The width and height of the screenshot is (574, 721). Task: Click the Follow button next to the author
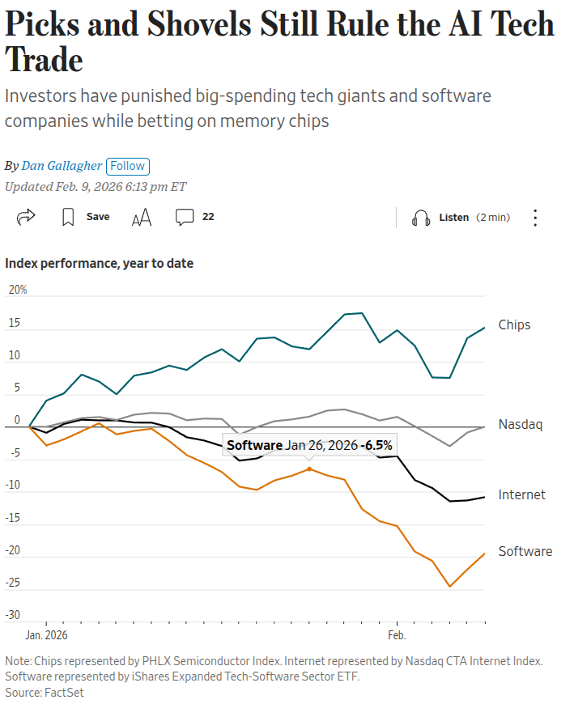point(127,166)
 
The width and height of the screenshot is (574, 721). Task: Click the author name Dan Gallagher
point(62,166)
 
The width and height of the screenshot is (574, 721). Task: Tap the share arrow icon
point(26,217)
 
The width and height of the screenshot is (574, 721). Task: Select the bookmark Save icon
point(69,217)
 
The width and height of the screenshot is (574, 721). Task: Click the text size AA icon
point(142,217)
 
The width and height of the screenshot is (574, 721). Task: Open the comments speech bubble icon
point(185,217)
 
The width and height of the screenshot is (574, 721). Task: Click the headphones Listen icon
point(420,218)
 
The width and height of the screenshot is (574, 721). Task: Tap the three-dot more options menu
point(535,218)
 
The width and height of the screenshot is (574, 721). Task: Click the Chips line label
point(514,324)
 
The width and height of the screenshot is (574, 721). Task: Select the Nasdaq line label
point(519,424)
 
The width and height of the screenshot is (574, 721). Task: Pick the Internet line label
point(521,494)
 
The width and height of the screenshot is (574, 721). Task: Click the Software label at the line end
point(525,551)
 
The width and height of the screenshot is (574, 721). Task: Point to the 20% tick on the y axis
point(17,290)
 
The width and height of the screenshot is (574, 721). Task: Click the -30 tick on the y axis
point(14,615)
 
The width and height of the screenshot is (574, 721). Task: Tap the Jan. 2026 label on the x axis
point(46,635)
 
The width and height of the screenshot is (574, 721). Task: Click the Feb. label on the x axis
point(397,635)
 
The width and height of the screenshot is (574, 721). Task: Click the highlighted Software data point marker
point(309,469)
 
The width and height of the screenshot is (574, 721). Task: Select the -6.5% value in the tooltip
point(376,446)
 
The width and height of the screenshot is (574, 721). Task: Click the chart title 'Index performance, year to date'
point(99,263)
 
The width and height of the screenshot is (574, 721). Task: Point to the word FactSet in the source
point(65,693)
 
